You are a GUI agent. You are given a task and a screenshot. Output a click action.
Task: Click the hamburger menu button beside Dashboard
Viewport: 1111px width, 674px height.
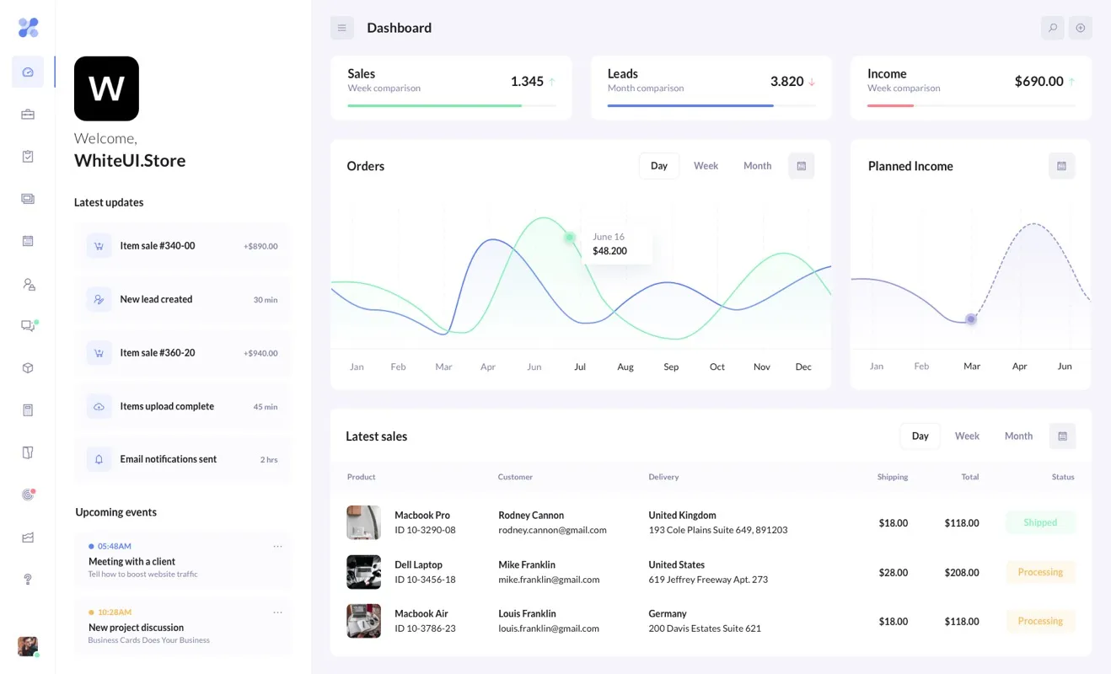point(341,28)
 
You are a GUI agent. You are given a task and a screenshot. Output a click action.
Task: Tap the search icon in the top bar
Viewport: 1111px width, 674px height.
point(1052,28)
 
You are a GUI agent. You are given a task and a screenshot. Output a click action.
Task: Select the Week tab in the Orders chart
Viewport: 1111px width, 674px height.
point(706,166)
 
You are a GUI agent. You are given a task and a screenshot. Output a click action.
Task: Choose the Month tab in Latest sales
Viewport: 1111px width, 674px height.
point(1017,436)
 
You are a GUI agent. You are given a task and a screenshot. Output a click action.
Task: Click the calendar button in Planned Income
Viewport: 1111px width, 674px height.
point(1061,166)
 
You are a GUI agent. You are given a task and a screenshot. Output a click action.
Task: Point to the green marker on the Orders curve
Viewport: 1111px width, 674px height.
point(570,238)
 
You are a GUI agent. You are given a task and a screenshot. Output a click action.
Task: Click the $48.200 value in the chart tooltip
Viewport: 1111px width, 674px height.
point(609,251)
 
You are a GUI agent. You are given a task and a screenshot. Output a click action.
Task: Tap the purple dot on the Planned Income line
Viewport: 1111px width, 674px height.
point(971,319)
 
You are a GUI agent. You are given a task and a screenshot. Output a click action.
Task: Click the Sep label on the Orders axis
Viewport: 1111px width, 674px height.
point(671,367)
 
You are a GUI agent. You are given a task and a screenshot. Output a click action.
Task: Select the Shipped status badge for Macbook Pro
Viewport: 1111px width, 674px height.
point(1040,522)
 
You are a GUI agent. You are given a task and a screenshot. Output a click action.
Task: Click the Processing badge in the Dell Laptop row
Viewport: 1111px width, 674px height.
point(1040,572)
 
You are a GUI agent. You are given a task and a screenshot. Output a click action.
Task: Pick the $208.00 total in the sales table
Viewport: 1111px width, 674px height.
point(961,573)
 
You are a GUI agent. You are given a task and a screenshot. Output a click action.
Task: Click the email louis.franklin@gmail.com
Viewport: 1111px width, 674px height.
point(548,629)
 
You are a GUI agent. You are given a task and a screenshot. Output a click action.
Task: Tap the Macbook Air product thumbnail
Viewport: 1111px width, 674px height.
point(363,621)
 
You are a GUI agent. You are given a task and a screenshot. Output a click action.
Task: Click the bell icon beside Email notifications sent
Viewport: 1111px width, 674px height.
point(99,459)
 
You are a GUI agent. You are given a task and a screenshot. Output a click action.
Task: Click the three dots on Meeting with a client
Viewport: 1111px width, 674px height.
point(277,547)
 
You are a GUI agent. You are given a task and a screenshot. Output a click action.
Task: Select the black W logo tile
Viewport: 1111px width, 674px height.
point(106,88)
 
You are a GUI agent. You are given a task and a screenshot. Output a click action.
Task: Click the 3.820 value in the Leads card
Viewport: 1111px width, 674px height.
point(786,82)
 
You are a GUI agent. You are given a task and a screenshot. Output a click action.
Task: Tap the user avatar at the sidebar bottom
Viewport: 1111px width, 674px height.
point(28,646)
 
